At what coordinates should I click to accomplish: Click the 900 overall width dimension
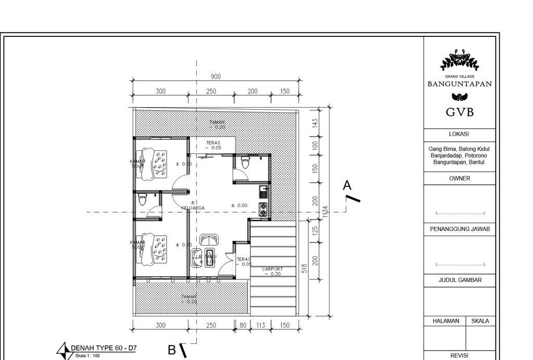215,76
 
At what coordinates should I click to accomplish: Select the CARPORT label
272,269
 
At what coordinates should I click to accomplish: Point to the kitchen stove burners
263,210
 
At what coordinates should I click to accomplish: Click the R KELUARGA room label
193,205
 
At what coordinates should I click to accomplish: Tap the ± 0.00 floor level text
239,205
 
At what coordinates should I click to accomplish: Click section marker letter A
347,185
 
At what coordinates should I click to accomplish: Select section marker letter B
171,350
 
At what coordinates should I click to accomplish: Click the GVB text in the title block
460,112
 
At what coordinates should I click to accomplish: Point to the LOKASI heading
460,134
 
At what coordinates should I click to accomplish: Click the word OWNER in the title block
460,178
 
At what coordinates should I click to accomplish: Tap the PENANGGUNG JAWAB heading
460,229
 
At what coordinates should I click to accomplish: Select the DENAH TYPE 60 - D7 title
104,348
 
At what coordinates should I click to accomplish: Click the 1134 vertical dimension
325,211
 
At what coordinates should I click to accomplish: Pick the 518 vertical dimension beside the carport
304,268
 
